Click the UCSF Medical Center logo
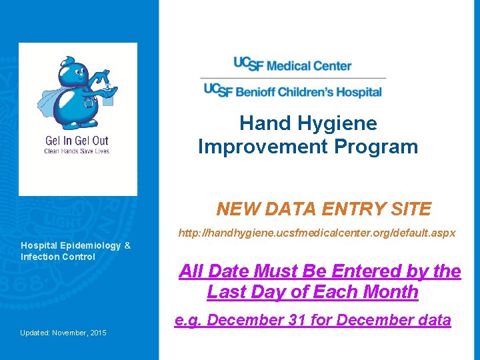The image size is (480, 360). pos(292,65)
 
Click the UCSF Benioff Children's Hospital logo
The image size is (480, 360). pos(292,90)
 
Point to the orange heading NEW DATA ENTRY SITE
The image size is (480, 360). pos(324,209)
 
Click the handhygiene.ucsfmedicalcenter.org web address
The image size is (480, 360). pos(317,233)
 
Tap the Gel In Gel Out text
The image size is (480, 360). pos(76,141)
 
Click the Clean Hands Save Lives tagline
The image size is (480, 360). pos(76,151)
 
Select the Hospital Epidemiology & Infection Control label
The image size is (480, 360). pos(75,251)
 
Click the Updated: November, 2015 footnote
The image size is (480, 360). pos(63,333)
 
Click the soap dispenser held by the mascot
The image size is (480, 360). pos(108,98)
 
